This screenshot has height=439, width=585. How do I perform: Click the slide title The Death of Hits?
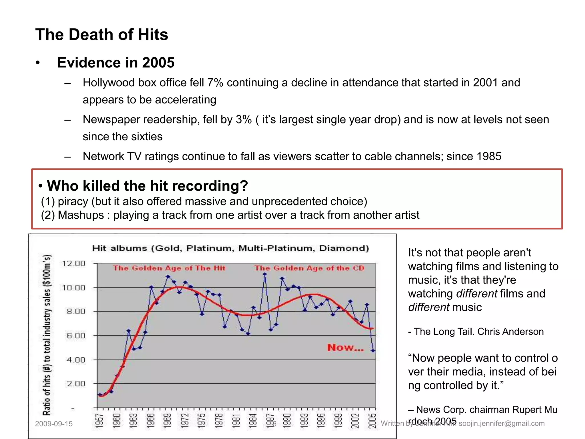(x=102, y=35)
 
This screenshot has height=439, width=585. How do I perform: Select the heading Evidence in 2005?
(x=116, y=63)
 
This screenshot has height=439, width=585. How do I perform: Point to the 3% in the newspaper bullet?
(x=243, y=119)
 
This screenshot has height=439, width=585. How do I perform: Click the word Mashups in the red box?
(x=81, y=215)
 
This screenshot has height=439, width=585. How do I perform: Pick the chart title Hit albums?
(x=230, y=248)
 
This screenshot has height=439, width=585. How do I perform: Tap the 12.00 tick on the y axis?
(x=73, y=263)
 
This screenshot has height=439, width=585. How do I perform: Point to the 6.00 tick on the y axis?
(x=76, y=336)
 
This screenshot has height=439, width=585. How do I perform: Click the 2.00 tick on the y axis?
(x=76, y=384)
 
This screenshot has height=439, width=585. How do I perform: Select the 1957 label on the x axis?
(x=99, y=421)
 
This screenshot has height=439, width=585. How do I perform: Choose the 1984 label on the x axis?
(x=253, y=421)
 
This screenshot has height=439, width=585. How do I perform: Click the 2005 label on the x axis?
(x=372, y=421)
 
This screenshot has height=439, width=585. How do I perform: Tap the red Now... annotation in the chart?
(x=345, y=348)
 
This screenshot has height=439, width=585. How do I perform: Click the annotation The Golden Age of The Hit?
(x=169, y=268)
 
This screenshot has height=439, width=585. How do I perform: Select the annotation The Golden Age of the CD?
(x=309, y=268)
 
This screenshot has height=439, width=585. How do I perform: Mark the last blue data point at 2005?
(x=373, y=350)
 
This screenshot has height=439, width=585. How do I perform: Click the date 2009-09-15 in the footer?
(x=54, y=424)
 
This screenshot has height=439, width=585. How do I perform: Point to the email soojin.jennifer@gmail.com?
(x=502, y=423)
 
